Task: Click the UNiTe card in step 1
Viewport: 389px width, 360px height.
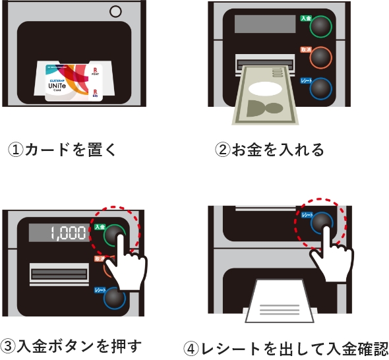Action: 75,82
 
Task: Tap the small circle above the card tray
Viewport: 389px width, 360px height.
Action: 116,11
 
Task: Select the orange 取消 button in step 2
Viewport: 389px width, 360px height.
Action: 321,57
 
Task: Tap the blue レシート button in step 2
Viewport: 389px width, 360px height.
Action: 321,87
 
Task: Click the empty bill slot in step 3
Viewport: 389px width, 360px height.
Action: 59,272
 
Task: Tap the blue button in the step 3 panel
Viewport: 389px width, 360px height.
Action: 114,298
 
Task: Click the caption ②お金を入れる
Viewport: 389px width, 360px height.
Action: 270,150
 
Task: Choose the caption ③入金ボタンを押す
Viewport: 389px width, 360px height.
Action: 72,345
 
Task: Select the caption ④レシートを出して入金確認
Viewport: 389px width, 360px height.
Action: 285,347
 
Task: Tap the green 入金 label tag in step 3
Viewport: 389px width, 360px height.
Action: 100,226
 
